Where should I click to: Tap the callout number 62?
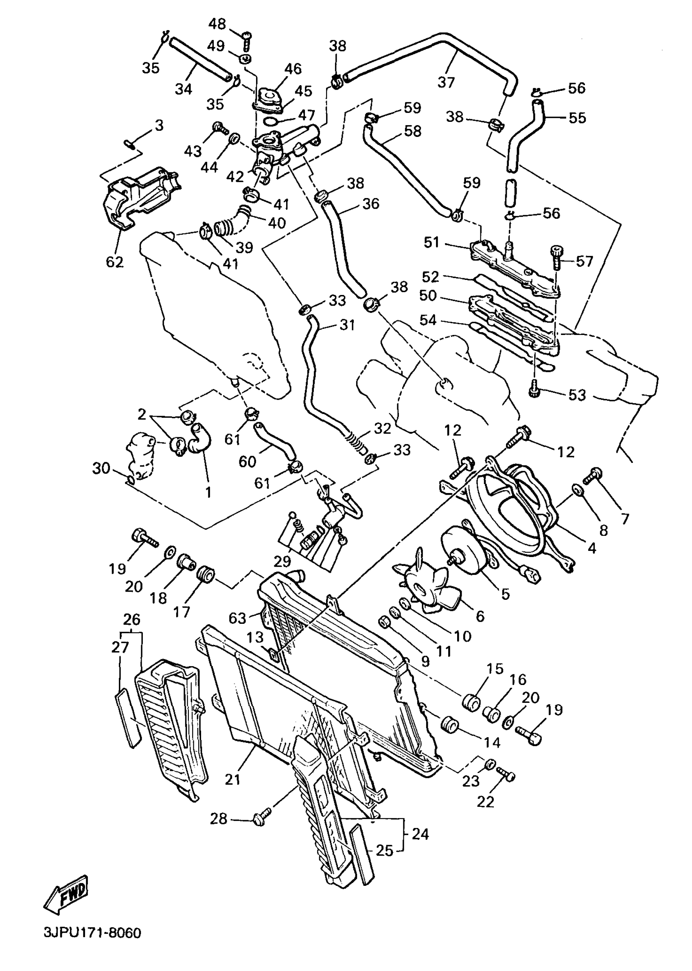tap(115, 262)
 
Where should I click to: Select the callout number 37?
tap(446, 81)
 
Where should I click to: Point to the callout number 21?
tap(233, 779)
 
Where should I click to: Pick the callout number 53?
tap(577, 395)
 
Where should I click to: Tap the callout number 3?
tap(158, 126)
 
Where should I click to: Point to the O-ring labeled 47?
tap(270, 122)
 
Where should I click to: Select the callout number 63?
tap(237, 618)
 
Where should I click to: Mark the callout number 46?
tap(293, 68)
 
